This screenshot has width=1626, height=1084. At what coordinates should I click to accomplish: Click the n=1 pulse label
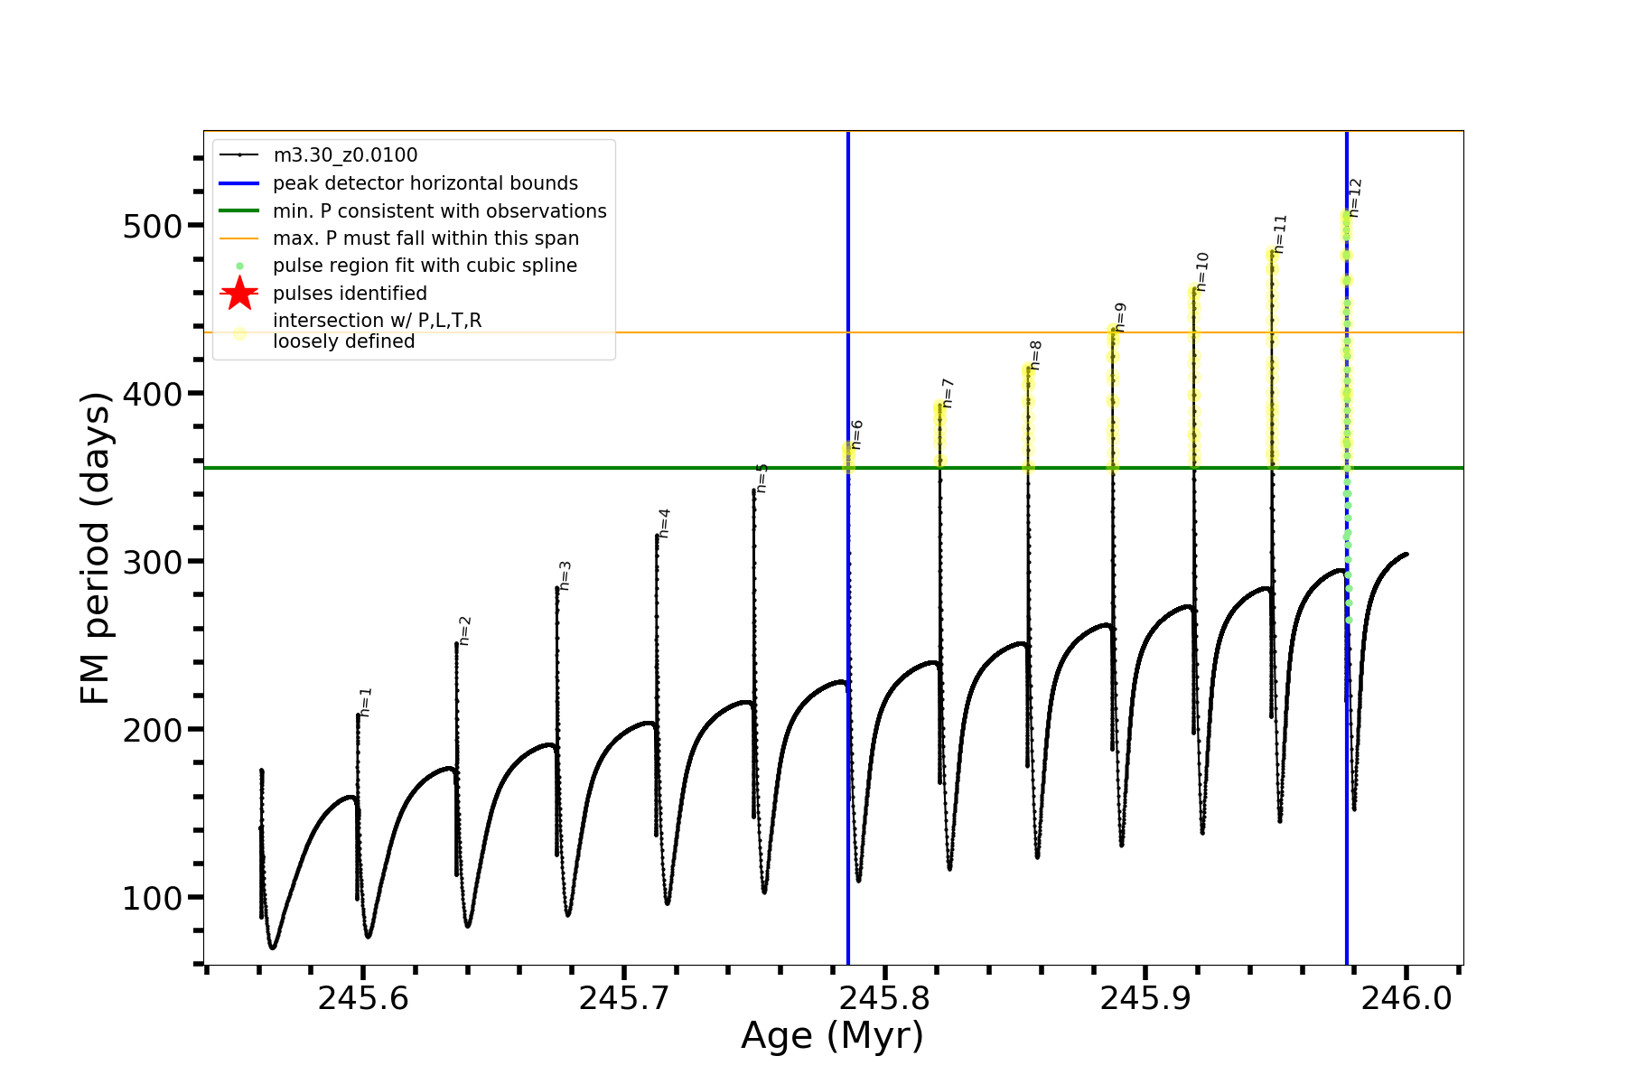pyautogui.click(x=366, y=702)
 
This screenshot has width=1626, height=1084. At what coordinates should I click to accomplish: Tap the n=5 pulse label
pyautogui.click(x=762, y=478)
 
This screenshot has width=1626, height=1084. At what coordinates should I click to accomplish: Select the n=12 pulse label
pyautogui.click(x=1354, y=197)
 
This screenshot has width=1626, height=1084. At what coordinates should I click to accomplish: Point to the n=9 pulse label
pyautogui.click(x=1120, y=317)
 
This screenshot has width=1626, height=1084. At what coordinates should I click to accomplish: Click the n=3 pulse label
pyautogui.click(x=565, y=575)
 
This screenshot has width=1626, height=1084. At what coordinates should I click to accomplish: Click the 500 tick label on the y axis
pyautogui.click(x=152, y=226)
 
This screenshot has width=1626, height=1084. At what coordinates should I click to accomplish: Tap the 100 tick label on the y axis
pyautogui.click(x=152, y=898)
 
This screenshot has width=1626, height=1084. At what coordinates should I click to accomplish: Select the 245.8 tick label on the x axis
pyautogui.click(x=884, y=998)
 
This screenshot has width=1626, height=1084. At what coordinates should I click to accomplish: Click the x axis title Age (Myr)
pyautogui.click(x=832, y=1036)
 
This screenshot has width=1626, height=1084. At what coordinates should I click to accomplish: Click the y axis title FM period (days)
pyautogui.click(x=96, y=548)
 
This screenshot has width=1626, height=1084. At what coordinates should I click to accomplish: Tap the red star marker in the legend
pyautogui.click(x=239, y=294)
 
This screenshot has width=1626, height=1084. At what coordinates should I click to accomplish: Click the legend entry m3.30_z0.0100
pyautogui.click(x=345, y=155)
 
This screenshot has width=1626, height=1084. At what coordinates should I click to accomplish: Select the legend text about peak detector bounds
pyautogui.click(x=425, y=183)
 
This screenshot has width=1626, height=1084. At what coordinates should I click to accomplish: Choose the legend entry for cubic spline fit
pyautogui.click(x=425, y=266)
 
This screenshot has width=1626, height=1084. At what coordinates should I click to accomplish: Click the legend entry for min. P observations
pyautogui.click(x=440, y=211)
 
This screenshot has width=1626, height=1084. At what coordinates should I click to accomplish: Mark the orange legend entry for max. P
pyautogui.click(x=425, y=238)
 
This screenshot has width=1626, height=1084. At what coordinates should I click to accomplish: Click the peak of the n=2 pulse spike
pyautogui.click(x=456, y=644)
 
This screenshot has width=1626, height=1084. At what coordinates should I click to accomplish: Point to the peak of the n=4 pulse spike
pyautogui.click(x=657, y=536)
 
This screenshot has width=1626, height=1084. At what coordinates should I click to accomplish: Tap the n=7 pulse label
pyautogui.click(x=948, y=393)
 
